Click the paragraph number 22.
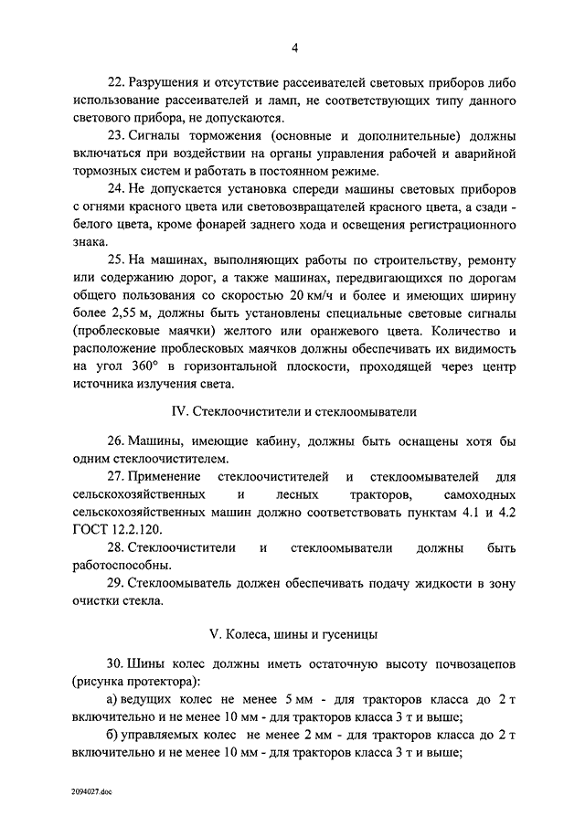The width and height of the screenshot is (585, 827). coord(115,81)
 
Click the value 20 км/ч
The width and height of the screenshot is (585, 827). coord(311,295)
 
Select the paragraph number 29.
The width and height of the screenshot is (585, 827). coord(115,583)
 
